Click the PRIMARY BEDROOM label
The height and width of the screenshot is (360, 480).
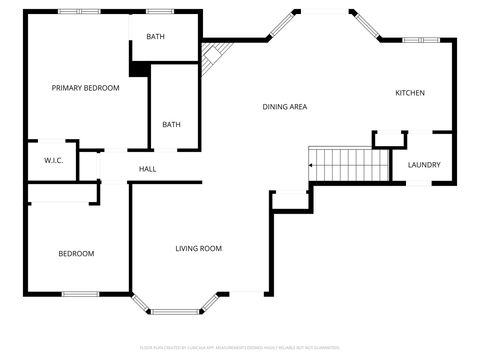pyautogui.click(x=85, y=88)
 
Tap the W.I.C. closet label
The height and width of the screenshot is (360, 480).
pyautogui.click(x=54, y=160)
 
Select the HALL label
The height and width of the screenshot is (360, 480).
pyautogui.click(x=147, y=169)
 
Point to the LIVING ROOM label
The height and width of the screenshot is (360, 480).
pyautogui.click(x=198, y=248)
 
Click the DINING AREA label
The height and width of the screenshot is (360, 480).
pyautogui.click(x=284, y=107)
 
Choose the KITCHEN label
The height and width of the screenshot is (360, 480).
pyautogui.click(x=410, y=93)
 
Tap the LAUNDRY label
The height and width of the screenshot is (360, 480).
pyautogui.click(x=423, y=165)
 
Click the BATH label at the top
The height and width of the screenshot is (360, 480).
pyautogui.click(x=155, y=37)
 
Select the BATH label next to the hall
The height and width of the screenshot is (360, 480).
pyautogui.click(x=172, y=125)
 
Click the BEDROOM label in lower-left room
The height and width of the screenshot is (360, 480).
pyautogui.click(x=76, y=253)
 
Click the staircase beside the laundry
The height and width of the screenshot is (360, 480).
pyautogui.click(x=348, y=164)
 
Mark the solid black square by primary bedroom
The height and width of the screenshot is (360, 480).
pyautogui.click(x=139, y=68)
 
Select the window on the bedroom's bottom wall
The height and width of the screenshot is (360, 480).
pyautogui.click(x=79, y=294)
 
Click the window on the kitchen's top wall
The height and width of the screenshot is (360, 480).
pyautogui.click(x=414, y=40)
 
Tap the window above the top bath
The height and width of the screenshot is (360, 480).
pyautogui.click(x=160, y=11)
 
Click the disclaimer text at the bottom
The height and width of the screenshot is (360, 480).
pyautogui.click(x=240, y=348)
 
